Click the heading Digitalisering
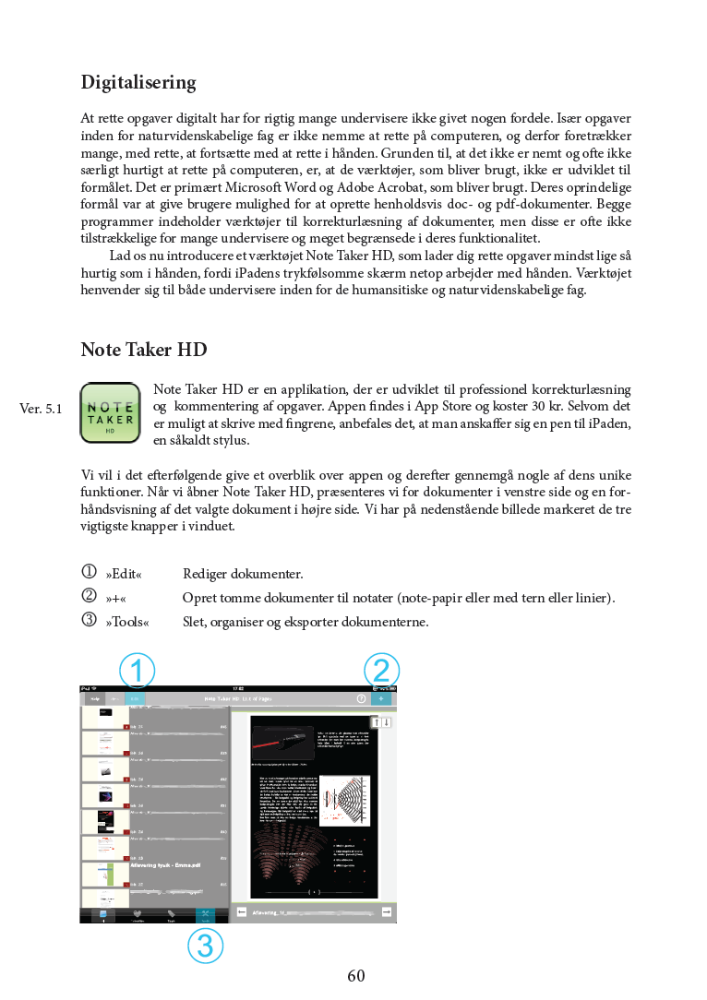(138, 83)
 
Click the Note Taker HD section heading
(144, 351)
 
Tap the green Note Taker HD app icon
(110, 412)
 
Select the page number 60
(356, 975)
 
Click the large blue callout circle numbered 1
(137, 671)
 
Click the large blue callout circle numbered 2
(381, 671)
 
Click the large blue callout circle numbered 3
(205, 945)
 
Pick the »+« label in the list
(115, 599)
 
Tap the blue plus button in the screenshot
(381, 699)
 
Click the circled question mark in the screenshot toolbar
(361, 699)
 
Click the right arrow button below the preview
(387, 911)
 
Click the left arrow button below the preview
(241, 911)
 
